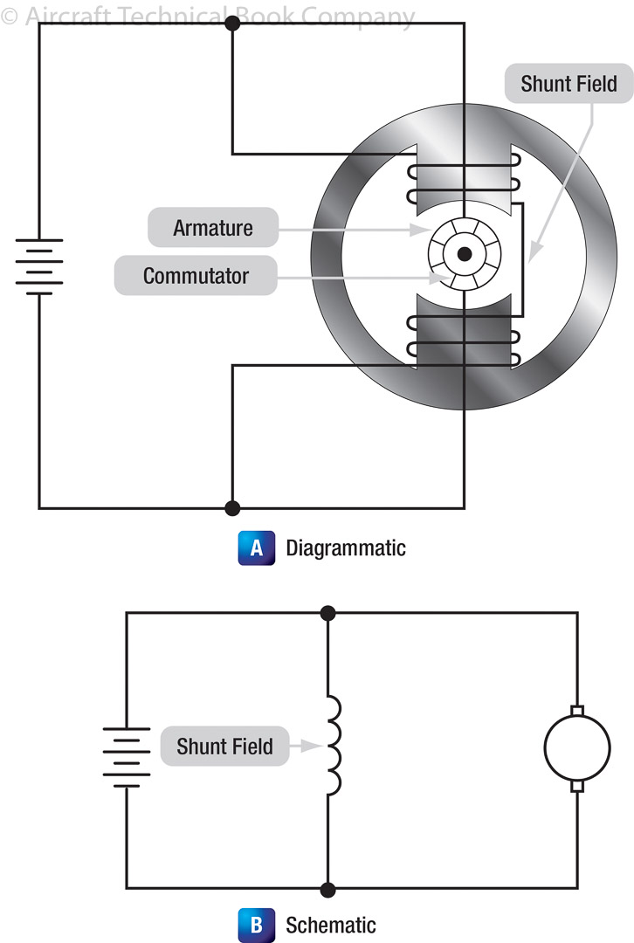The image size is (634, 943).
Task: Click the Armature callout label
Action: click(x=213, y=228)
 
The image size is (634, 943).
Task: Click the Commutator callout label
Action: click(x=196, y=276)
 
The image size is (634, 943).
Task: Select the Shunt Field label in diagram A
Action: click(x=569, y=84)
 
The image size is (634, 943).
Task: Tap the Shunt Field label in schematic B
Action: click(x=224, y=747)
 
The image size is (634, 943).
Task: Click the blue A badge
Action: click(x=256, y=548)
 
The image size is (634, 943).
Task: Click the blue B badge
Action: click(x=256, y=925)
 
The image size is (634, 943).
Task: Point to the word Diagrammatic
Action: click(x=346, y=548)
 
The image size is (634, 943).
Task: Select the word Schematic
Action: click(x=331, y=925)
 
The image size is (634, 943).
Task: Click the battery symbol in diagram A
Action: click(x=39, y=266)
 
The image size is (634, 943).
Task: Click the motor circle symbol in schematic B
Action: click(x=576, y=748)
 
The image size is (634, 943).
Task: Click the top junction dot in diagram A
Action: click(x=232, y=24)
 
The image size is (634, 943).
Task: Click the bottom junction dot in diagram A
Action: click(x=232, y=507)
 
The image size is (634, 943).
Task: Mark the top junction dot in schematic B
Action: click(x=328, y=613)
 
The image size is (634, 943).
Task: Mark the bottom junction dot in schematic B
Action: click(x=328, y=889)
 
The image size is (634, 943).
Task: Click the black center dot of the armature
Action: click(x=465, y=254)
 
